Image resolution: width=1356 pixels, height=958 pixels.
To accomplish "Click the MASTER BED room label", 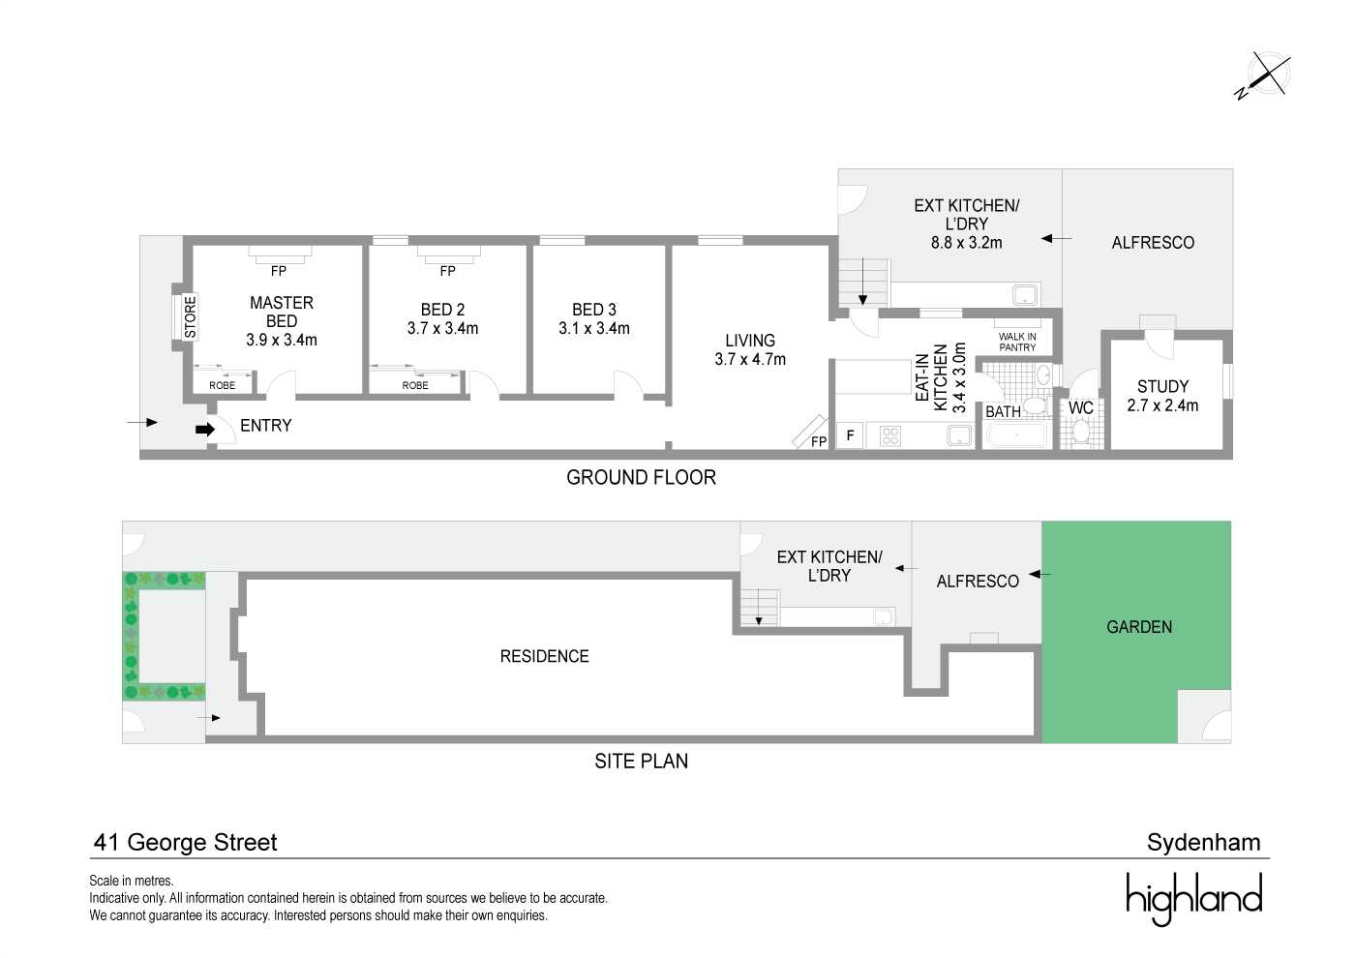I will [x=281, y=312].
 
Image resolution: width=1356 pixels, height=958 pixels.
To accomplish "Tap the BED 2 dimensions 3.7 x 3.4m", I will [x=442, y=328].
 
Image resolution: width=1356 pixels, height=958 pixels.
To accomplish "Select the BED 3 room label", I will [x=593, y=310].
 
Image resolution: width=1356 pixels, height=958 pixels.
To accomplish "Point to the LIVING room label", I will [x=750, y=341].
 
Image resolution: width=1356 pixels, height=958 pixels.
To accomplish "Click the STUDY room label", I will [x=1162, y=386].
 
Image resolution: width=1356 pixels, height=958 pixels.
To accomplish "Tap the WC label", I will [x=1080, y=408].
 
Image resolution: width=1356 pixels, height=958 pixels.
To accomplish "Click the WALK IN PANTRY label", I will [x=1017, y=342].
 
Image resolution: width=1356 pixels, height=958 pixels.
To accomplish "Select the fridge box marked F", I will [x=850, y=435].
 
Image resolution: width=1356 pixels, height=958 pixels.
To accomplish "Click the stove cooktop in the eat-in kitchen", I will [x=890, y=435].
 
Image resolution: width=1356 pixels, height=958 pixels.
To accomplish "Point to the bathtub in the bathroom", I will [x=1017, y=435].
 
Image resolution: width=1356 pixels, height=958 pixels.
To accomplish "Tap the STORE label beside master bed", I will [x=190, y=316].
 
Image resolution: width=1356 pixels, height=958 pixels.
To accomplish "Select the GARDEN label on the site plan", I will [x=1139, y=627].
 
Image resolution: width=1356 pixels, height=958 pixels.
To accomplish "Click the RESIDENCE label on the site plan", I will [x=544, y=656].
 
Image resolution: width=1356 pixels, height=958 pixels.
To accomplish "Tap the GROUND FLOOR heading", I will [x=641, y=477].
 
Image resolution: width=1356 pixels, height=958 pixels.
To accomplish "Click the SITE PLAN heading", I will [x=641, y=761].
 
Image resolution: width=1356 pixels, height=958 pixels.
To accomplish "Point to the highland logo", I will [x=1193, y=897].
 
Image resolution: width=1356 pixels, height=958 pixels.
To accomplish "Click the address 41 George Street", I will [x=185, y=842].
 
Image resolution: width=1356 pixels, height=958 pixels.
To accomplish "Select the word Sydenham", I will [x=1203, y=842].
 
